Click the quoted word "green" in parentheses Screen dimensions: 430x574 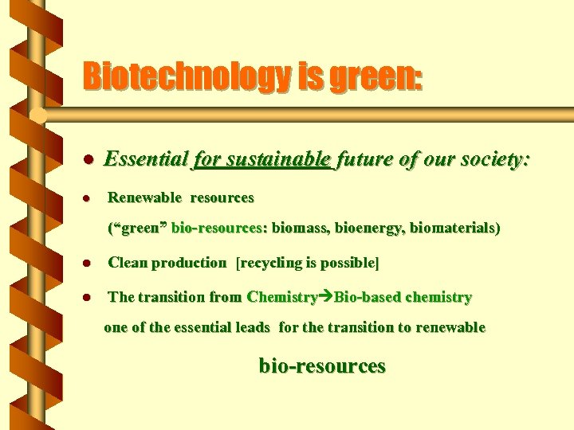pos(138,229)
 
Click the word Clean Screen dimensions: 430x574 pos(125,263)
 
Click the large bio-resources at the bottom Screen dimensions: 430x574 pos(322,366)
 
